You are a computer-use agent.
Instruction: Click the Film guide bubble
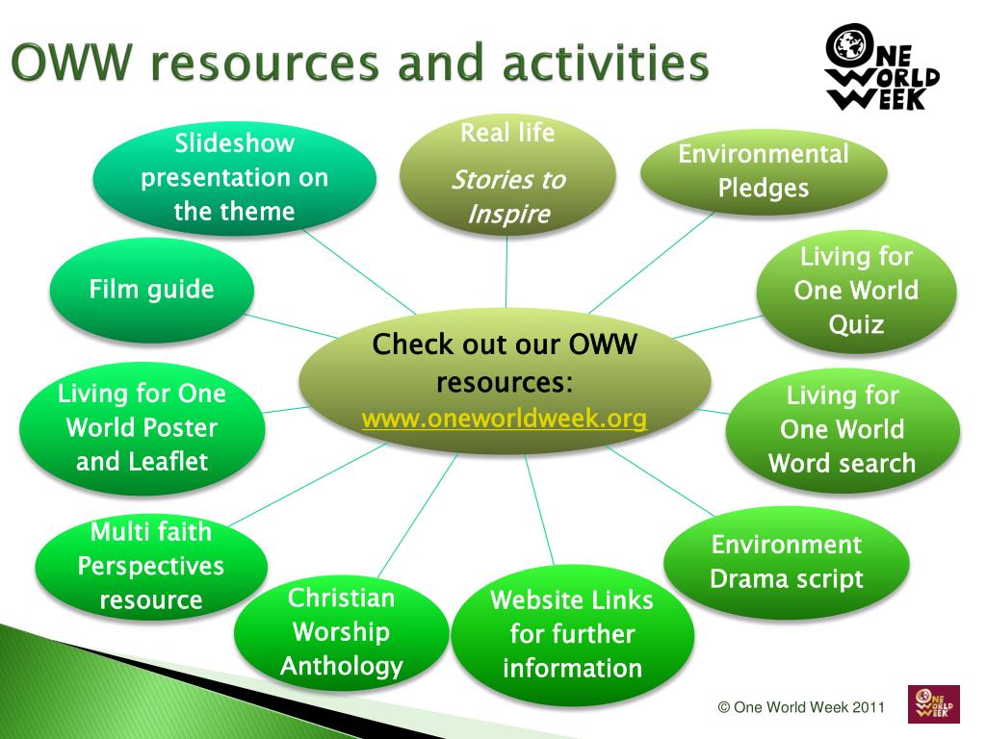(152, 290)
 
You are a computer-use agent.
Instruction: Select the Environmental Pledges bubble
(764, 171)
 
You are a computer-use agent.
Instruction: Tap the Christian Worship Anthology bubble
(342, 632)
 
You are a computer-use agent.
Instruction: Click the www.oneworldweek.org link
(505, 419)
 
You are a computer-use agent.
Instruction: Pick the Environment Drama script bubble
(787, 562)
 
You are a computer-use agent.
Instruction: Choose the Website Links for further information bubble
(572, 634)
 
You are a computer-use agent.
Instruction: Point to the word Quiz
(856, 324)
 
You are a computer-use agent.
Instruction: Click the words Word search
(843, 463)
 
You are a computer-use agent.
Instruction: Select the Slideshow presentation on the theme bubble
(235, 177)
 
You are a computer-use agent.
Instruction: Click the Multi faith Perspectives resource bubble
(151, 566)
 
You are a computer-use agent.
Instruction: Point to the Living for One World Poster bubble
(143, 427)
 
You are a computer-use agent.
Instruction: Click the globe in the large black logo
(847, 45)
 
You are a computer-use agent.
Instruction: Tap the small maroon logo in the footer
(933, 704)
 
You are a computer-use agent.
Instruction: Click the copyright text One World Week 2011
(801, 707)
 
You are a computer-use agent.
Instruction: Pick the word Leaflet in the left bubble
(169, 462)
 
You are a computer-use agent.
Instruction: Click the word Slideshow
(235, 144)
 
